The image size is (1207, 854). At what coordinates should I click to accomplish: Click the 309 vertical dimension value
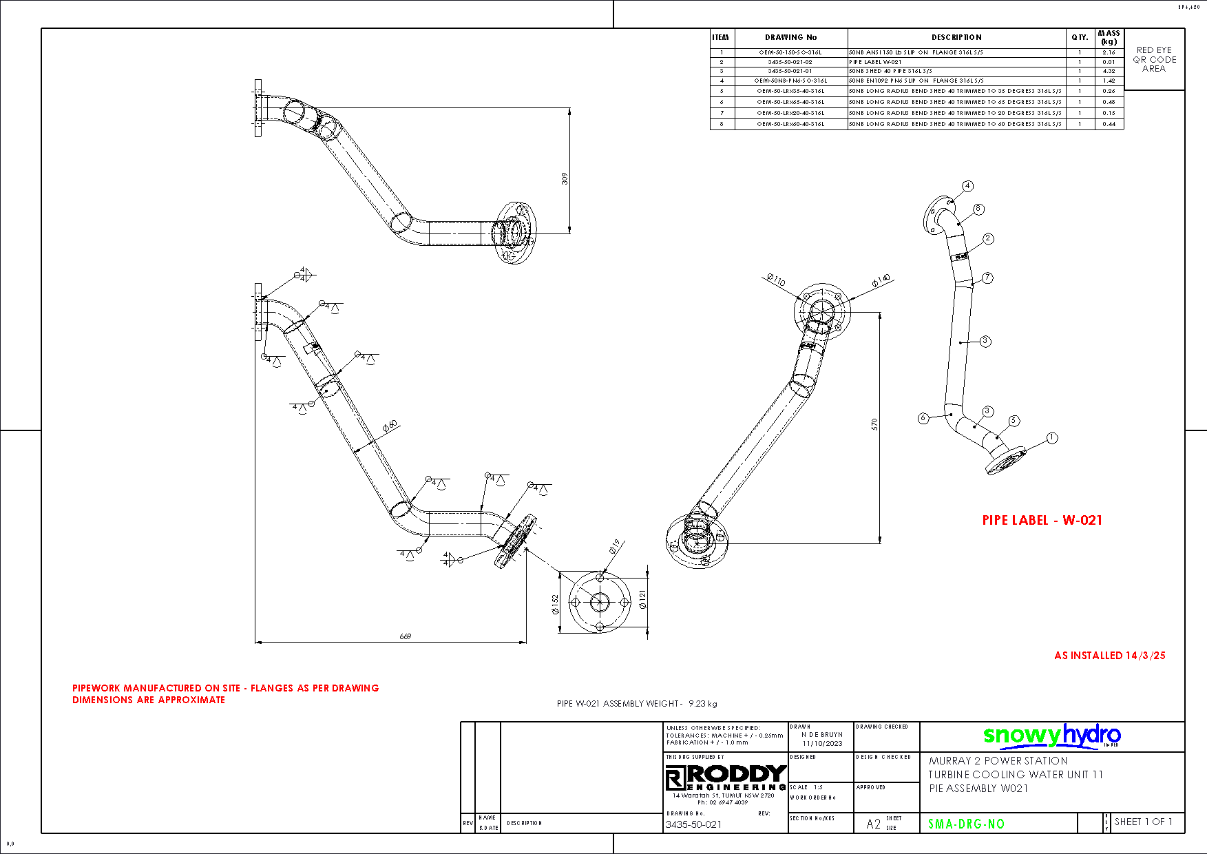(565, 178)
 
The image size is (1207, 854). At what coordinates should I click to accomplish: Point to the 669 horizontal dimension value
(406, 636)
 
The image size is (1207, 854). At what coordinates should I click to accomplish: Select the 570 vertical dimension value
(874, 424)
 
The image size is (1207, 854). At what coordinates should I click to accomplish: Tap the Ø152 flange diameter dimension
(555, 605)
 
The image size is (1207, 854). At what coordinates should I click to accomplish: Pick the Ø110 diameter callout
(776, 280)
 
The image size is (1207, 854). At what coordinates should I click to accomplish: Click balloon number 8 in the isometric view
(978, 209)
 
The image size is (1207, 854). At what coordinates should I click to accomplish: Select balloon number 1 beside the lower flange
(1051, 438)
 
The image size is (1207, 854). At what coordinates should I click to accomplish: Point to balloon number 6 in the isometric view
(923, 418)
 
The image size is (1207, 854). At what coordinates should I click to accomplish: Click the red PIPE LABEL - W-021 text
(1042, 521)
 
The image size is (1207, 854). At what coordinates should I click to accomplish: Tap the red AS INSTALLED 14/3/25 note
(1109, 656)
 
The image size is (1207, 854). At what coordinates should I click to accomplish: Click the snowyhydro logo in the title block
(1051, 736)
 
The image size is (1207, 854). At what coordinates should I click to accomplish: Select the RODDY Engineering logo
(726, 778)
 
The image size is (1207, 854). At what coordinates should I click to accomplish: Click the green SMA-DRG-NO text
(966, 824)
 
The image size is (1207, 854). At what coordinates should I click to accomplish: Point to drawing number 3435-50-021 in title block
(693, 824)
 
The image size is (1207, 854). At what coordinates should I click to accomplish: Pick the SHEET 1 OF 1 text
(1143, 822)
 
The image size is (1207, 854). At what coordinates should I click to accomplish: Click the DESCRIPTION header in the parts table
(956, 37)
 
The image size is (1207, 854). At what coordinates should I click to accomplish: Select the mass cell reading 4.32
(1109, 71)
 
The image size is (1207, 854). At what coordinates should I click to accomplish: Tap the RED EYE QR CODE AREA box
(1154, 59)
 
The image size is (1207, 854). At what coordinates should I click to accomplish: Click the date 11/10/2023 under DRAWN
(822, 743)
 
